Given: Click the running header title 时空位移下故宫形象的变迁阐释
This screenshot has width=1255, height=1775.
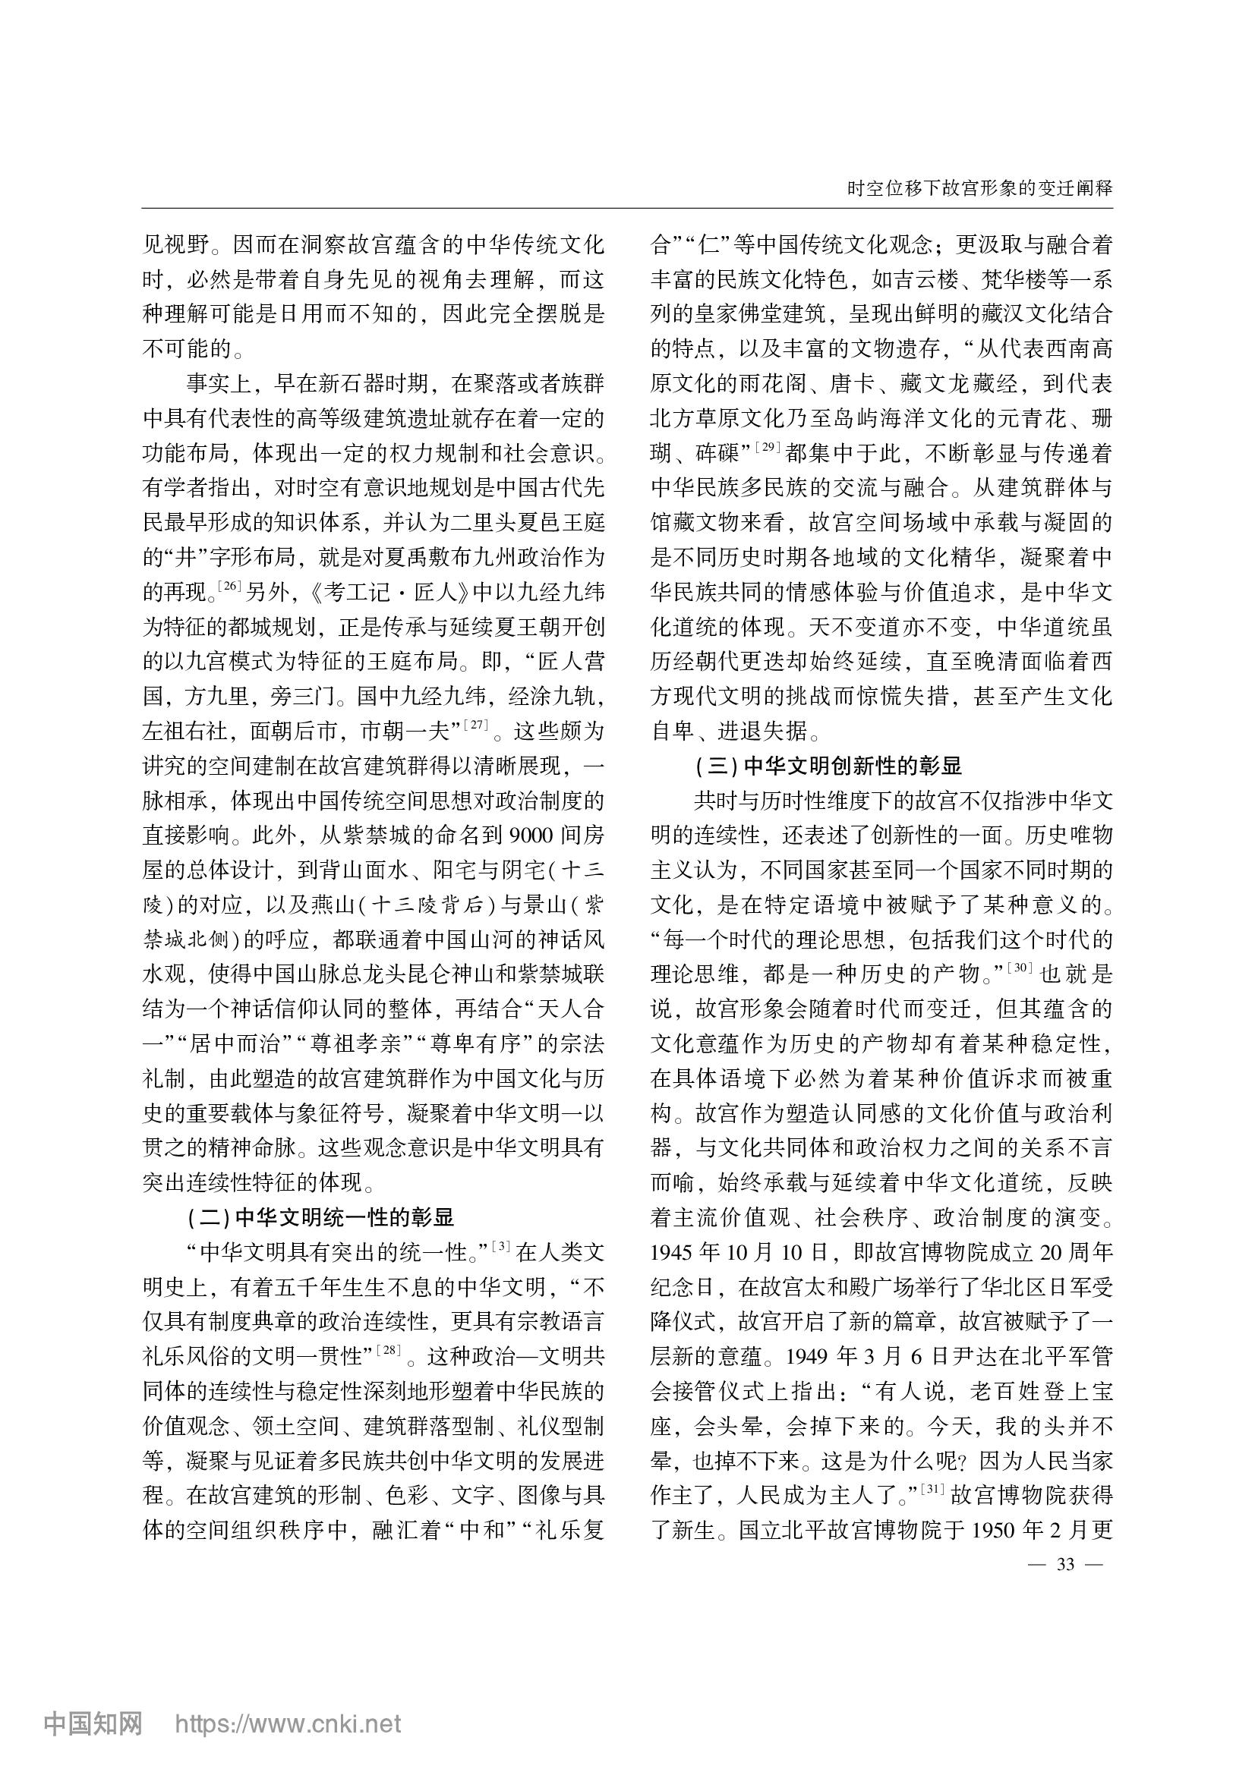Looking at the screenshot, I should [x=979, y=189].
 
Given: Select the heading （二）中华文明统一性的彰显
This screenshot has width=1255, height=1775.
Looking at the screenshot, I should [x=320, y=1217].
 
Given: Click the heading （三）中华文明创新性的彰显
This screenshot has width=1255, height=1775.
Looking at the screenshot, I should [x=828, y=766].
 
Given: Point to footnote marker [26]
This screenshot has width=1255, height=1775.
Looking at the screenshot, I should [x=232, y=586].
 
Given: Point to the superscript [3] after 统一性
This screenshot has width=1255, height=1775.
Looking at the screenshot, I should [x=502, y=1246].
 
